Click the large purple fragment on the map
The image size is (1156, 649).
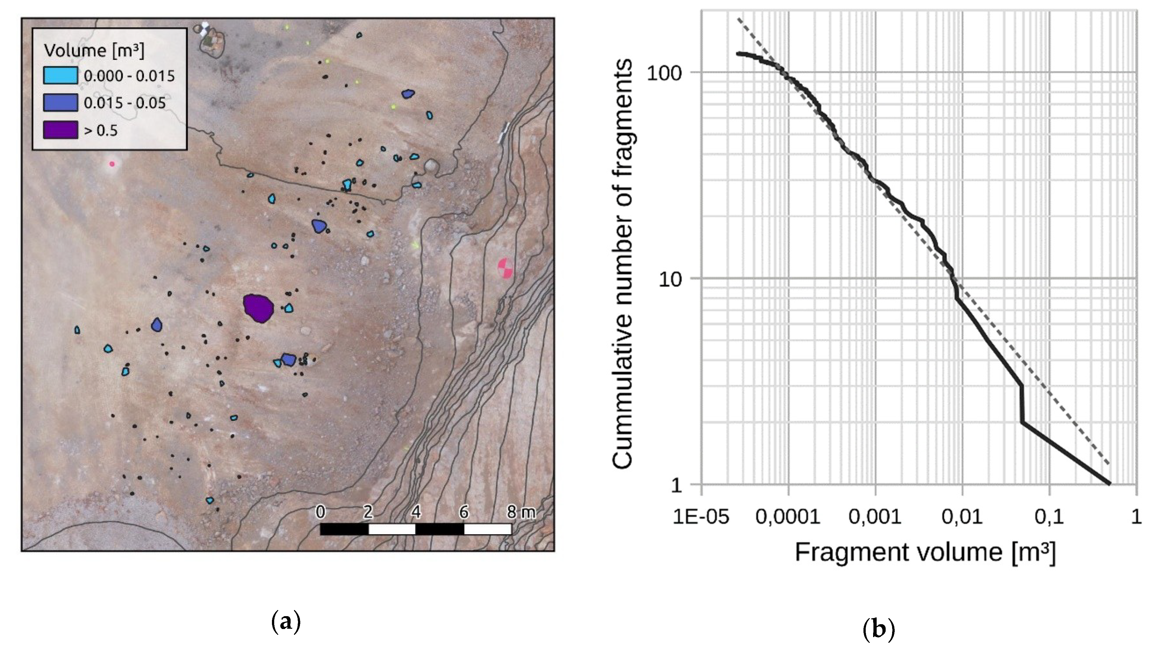[258, 308]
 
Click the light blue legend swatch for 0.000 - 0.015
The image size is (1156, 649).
[60, 75]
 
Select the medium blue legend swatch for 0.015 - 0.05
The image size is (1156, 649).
[60, 102]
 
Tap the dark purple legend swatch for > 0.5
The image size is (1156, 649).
[60, 130]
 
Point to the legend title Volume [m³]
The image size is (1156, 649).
[94, 50]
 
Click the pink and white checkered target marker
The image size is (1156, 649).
[505, 268]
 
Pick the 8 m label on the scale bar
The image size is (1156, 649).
[521, 512]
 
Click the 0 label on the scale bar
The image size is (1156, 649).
[321, 512]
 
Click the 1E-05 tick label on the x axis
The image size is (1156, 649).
[701, 517]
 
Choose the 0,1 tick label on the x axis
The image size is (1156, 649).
[1049, 517]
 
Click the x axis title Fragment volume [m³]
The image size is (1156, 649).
[925, 552]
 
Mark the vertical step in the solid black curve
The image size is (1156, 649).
[1022, 404]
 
